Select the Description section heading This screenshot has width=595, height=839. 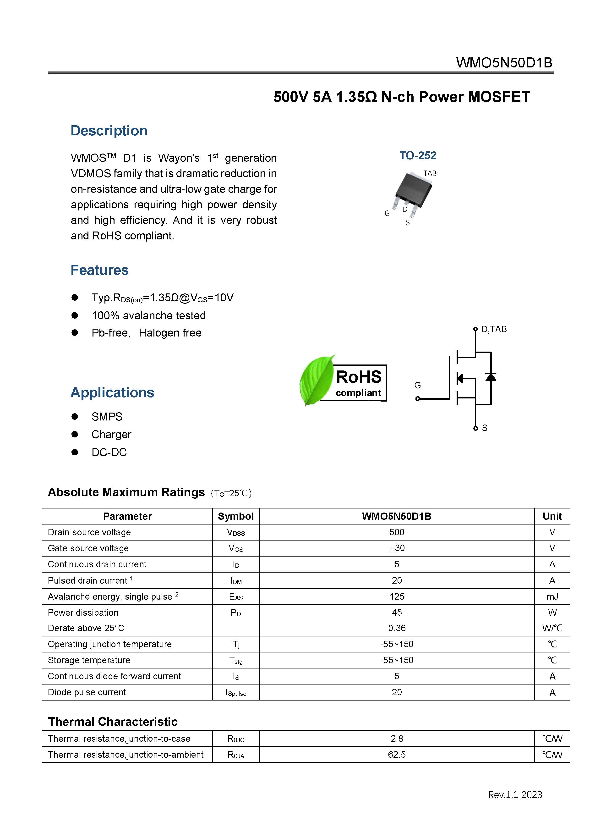coord(109,131)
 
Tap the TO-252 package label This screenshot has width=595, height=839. coord(418,156)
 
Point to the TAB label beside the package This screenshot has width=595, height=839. coord(430,173)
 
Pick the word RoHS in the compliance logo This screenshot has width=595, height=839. coord(359,377)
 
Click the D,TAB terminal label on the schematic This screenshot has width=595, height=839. coord(494,329)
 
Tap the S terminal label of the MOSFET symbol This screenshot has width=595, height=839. coord(485,428)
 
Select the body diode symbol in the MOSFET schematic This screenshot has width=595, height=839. coord(491,377)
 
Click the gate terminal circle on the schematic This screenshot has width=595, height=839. coord(417,398)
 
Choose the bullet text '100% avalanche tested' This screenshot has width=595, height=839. coord(149,316)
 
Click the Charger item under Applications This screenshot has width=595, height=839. coord(111,434)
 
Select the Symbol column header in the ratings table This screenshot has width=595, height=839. coord(235,516)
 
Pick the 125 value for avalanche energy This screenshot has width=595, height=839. coord(397,596)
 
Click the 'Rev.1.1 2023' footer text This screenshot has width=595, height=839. coord(515,795)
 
